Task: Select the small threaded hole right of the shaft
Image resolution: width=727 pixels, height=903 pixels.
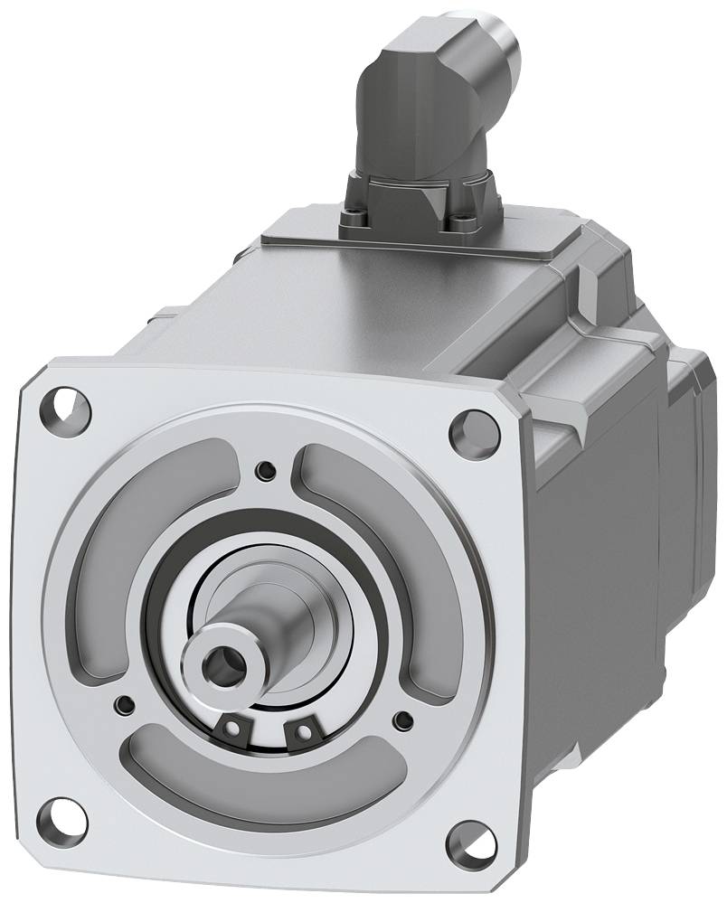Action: [x=401, y=720]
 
